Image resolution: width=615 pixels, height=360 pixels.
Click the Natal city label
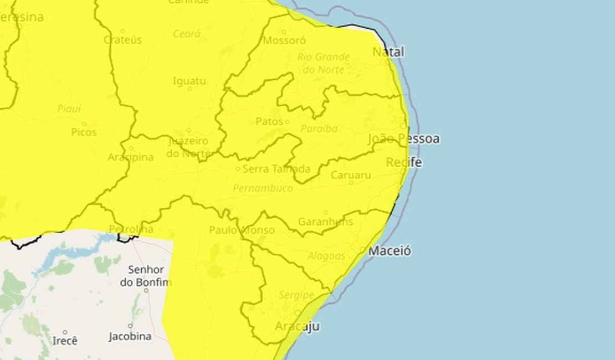[388, 52]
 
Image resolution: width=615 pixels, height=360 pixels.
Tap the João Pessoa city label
[403, 138]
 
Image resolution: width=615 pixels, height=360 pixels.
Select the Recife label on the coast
[403, 162]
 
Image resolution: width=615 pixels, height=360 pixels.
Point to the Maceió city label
[390, 251]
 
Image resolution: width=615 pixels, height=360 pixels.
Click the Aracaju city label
[298, 326]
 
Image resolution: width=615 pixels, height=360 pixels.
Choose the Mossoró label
[284, 40]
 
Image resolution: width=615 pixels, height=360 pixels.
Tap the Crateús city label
[123, 40]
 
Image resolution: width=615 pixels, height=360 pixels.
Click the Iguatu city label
[189, 81]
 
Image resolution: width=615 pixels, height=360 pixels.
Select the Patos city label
[269, 121]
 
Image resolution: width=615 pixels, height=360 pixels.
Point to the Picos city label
[84, 132]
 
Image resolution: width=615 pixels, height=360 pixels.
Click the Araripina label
[131, 157]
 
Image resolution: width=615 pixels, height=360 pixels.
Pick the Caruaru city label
[351, 175]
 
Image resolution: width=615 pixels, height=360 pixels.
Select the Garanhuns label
[326, 222]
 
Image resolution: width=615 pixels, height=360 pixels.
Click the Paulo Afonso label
[242, 230]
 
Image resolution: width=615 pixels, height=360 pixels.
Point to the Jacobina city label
[130, 336]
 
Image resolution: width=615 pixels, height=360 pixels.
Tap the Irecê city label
[65, 341]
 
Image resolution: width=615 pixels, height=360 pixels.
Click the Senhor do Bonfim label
[146, 276]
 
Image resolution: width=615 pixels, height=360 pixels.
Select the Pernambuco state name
[263, 188]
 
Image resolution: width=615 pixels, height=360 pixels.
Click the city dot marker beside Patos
[287, 121]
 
